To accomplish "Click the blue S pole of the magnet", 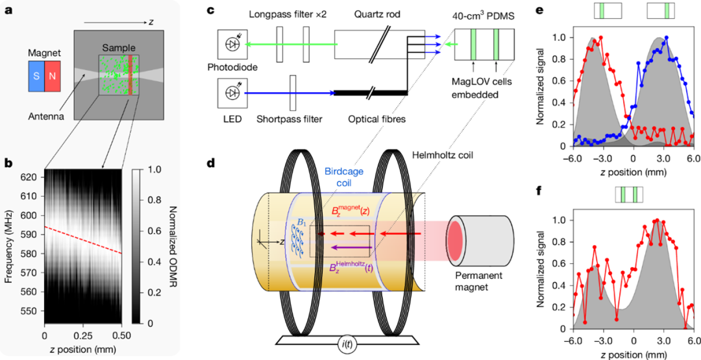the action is pos(36,77).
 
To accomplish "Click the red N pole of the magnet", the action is pos(53,77).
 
